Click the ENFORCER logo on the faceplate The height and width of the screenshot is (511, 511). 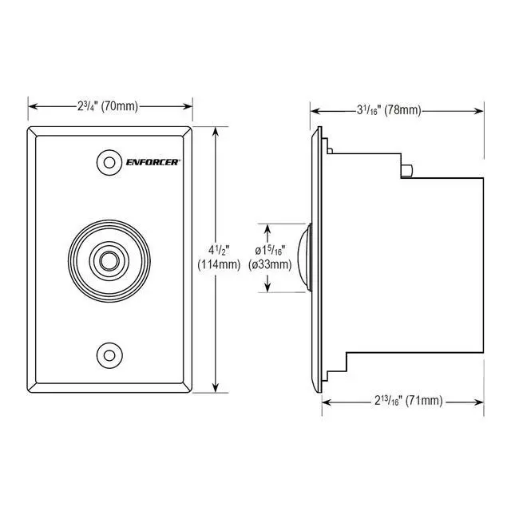pos(153,162)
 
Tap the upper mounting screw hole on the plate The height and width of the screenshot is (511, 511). pos(109,162)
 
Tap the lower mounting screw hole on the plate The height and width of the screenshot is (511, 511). pos(109,355)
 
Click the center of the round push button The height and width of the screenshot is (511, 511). pos(109,260)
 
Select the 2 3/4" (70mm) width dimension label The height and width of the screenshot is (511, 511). pos(108,106)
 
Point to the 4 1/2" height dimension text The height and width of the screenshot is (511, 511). pos(219,250)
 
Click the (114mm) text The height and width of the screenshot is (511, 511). pos(219,264)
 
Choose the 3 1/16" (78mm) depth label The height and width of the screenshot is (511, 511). pos(389,110)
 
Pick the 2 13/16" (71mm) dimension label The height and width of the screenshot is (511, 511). pos(408,400)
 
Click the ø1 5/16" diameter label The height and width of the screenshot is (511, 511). pos(270,251)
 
